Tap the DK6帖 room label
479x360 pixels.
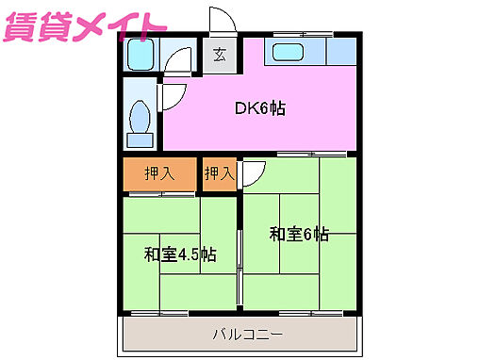[259, 107]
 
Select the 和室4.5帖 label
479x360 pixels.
[180, 254]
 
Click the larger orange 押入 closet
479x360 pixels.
[159, 173]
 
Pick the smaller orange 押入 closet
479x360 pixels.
[219, 173]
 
